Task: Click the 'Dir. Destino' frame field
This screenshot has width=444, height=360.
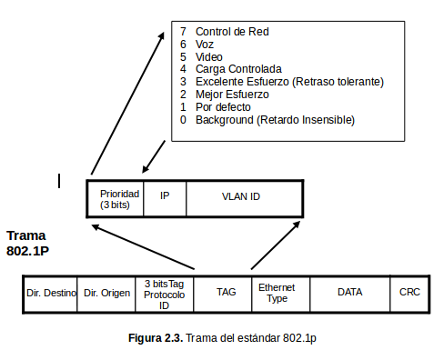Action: [x=51, y=293]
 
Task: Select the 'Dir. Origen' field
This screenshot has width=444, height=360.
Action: [x=107, y=293]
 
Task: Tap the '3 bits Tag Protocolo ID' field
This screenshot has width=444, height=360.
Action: [x=165, y=293]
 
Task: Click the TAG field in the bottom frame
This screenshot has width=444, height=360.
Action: [x=226, y=293]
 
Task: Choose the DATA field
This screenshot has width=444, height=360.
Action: [x=349, y=293]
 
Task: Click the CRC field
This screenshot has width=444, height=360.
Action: [x=409, y=293]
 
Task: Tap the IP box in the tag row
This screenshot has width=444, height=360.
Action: [x=165, y=195]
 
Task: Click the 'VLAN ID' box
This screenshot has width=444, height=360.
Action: [x=241, y=196]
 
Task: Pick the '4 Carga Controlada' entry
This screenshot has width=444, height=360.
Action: [x=233, y=69]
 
